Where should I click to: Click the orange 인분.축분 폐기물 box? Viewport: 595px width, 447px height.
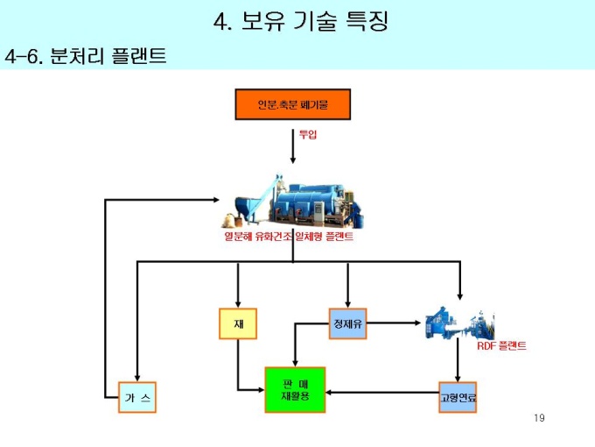point(292,104)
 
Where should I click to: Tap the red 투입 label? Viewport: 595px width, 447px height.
point(307,134)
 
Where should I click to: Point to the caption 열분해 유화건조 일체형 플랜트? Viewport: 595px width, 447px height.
point(289,237)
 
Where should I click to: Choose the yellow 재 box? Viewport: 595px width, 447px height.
point(238,323)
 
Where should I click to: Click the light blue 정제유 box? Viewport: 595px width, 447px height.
point(347,323)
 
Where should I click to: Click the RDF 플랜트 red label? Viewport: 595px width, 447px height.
point(501,346)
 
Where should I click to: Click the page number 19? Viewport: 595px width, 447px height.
point(539,417)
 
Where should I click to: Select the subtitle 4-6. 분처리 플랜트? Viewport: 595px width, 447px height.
point(85,57)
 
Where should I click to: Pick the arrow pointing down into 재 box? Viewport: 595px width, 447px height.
point(238,285)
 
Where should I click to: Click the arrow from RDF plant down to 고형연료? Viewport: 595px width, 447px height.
point(458,359)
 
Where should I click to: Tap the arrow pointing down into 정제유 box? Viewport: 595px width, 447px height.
point(347,285)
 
